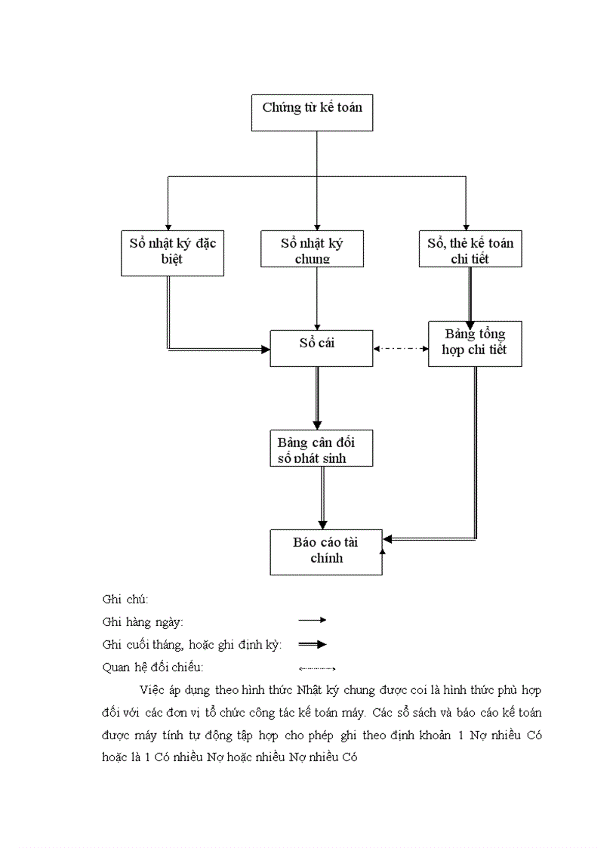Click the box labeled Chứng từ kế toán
coord(312,113)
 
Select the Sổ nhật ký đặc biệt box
coord(172,251)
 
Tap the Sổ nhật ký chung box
coord(312,248)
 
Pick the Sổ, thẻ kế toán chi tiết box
coord(470,248)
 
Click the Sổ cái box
coord(321,347)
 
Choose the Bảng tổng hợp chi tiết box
coord(475,344)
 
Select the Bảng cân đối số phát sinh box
coord(321,448)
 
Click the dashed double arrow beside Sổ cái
coord(401,349)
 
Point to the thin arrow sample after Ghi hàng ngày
coord(312,620)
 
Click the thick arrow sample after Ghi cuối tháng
coord(312,644)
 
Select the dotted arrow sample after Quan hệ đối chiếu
coord(316,668)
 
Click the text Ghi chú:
coord(125,599)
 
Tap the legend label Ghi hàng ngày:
coord(143,622)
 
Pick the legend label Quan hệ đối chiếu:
coord(153,668)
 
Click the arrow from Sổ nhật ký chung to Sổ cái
coord(317,298)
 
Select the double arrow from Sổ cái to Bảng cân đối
coord(317,398)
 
